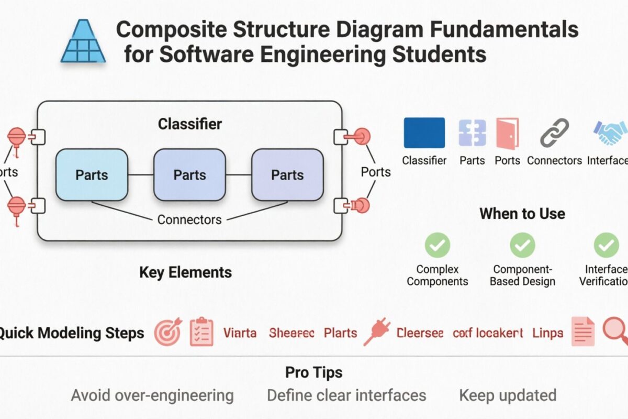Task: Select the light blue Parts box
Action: pyautogui.click(x=92, y=174)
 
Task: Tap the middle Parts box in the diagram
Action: pyautogui.click(x=189, y=174)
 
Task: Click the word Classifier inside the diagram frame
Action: pyautogui.click(x=189, y=124)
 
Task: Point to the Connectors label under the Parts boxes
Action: pyautogui.click(x=189, y=219)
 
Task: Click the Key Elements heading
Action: pyautogui.click(x=185, y=272)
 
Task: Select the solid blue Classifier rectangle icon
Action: pyautogui.click(x=424, y=133)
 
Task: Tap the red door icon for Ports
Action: pyautogui.click(x=507, y=133)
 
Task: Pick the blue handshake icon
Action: pyautogui.click(x=610, y=133)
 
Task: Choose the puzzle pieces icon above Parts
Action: pyautogui.click(x=472, y=133)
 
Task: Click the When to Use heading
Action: pyautogui.click(x=522, y=214)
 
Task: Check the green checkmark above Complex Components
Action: pyautogui.click(x=437, y=245)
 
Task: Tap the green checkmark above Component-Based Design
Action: pyautogui.click(x=522, y=245)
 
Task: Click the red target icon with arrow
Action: pyautogui.click(x=168, y=333)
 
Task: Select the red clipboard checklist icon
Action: pyautogui.click(x=201, y=332)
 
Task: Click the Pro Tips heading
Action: pyautogui.click(x=313, y=372)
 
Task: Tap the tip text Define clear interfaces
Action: pyautogui.click(x=346, y=395)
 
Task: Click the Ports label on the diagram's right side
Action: pyautogui.click(x=376, y=172)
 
